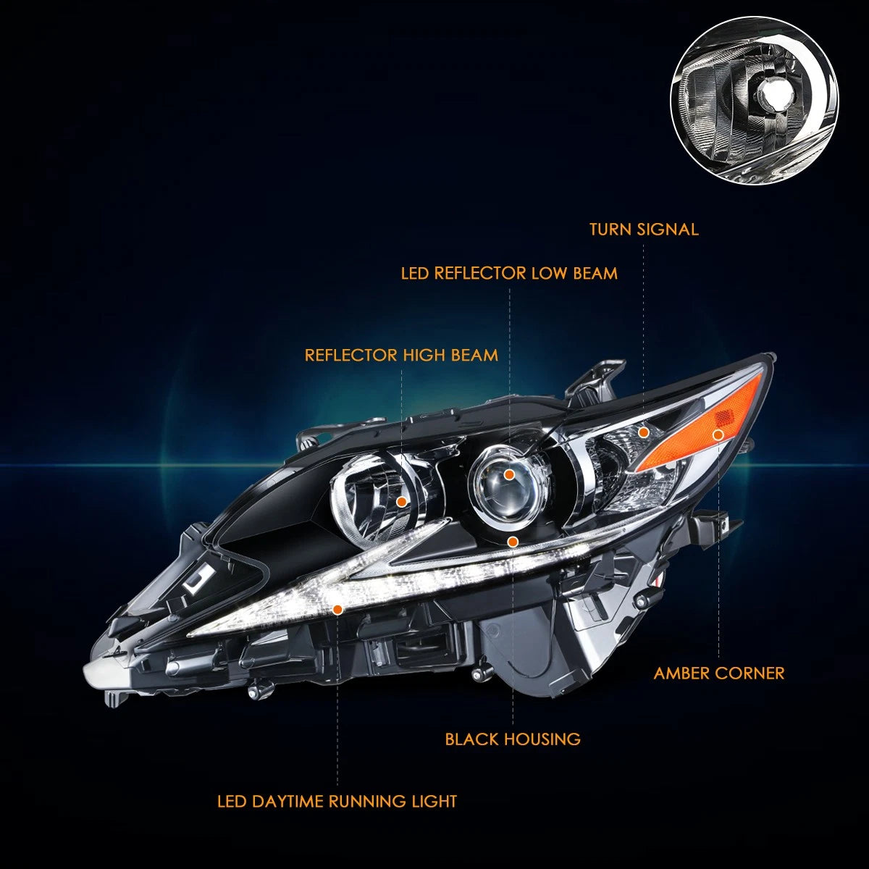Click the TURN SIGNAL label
[x=644, y=229]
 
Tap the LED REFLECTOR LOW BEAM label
[x=509, y=273]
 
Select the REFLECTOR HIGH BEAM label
[x=401, y=356]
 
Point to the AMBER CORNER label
[x=719, y=673]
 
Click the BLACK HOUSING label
[x=513, y=739]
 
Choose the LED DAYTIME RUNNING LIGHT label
[x=337, y=802]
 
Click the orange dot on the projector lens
[x=509, y=474]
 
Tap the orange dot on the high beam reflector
[x=401, y=501]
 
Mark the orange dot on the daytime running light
[x=337, y=610]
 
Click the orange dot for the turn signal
[x=644, y=432]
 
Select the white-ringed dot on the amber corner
[x=718, y=434]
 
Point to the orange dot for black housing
[x=512, y=541]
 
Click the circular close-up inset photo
[x=754, y=101]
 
